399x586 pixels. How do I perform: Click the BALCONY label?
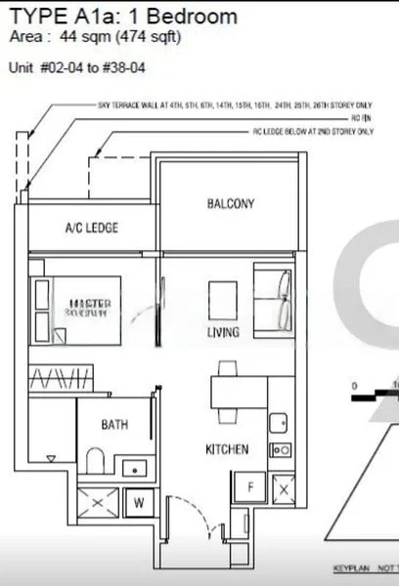point(231,204)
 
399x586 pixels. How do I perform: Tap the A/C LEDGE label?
point(91,228)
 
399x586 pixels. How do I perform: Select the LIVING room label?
point(223,333)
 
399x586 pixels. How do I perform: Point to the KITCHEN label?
point(226,450)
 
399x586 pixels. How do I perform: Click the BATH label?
point(114,425)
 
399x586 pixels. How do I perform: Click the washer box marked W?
point(138,504)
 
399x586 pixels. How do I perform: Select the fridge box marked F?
point(249,485)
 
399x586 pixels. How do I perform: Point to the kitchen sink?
point(278,423)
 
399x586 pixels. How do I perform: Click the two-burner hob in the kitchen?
point(281,450)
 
